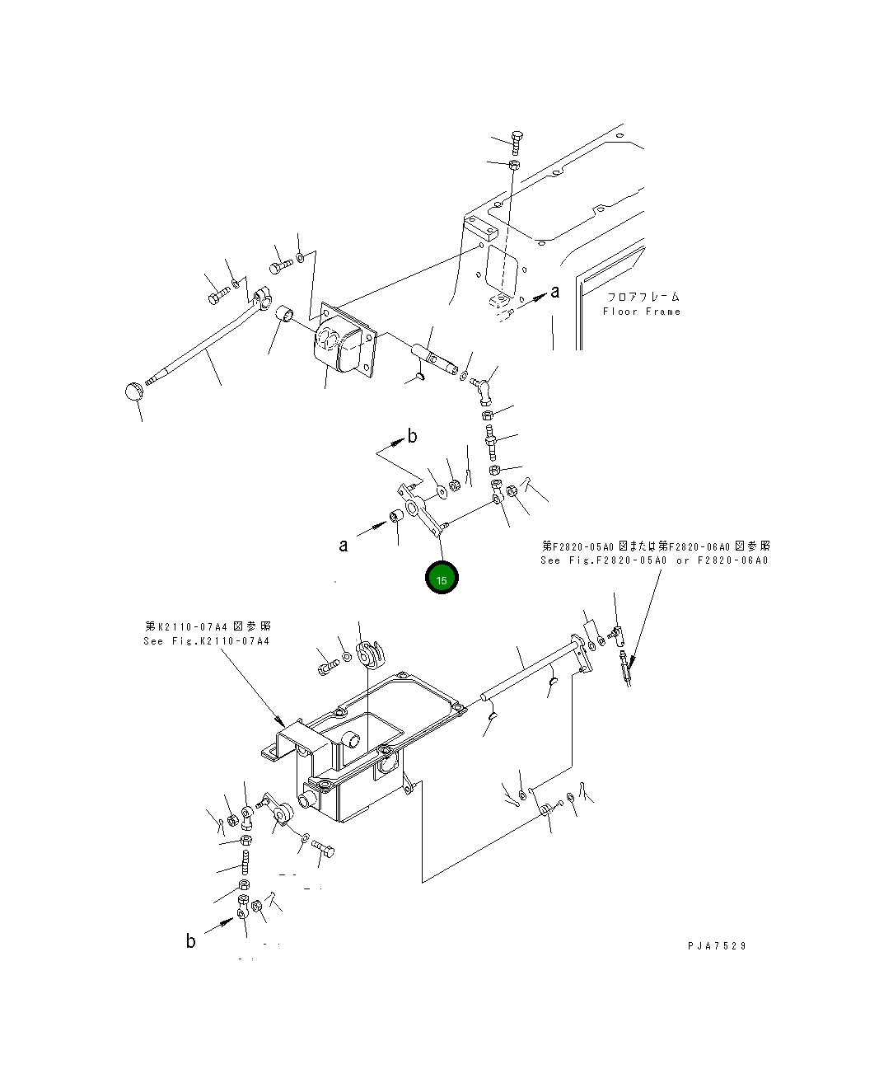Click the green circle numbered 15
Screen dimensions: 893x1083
[x=442, y=577]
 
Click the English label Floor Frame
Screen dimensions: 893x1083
[x=642, y=312]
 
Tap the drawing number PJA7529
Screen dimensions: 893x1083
[x=718, y=946]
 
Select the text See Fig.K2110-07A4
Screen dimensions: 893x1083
[x=207, y=641]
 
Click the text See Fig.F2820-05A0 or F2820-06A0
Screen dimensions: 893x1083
[x=654, y=560]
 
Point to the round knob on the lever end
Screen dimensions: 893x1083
[x=133, y=391]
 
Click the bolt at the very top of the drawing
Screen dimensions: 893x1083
[x=517, y=143]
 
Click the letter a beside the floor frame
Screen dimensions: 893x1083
[x=555, y=292]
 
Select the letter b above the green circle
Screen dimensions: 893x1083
[x=412, y=436]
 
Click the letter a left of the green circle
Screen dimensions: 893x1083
[x=344, y=546]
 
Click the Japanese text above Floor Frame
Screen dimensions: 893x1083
[x=643, y=297]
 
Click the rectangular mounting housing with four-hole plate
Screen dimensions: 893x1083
[x=344, y=340]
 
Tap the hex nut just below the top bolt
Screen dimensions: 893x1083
[x=514, y=166]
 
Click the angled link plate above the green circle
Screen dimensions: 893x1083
[x=421, y=510]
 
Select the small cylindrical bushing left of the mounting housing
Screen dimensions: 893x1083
[x=283, y=313]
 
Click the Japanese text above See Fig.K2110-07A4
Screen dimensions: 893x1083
[x=208, y=626]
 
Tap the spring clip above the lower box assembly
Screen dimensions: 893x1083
[x=370, y=656]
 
